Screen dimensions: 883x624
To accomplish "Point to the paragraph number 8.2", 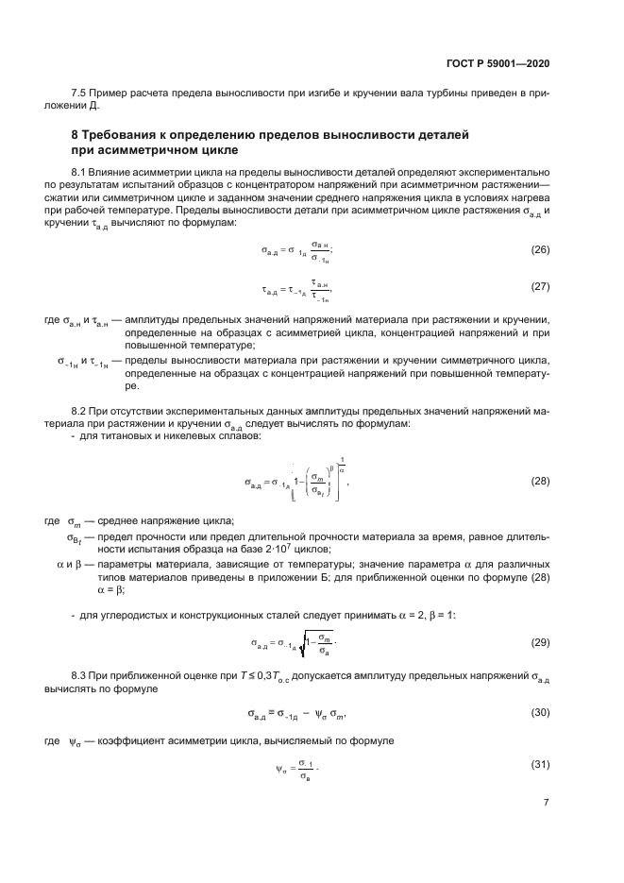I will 81,412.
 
